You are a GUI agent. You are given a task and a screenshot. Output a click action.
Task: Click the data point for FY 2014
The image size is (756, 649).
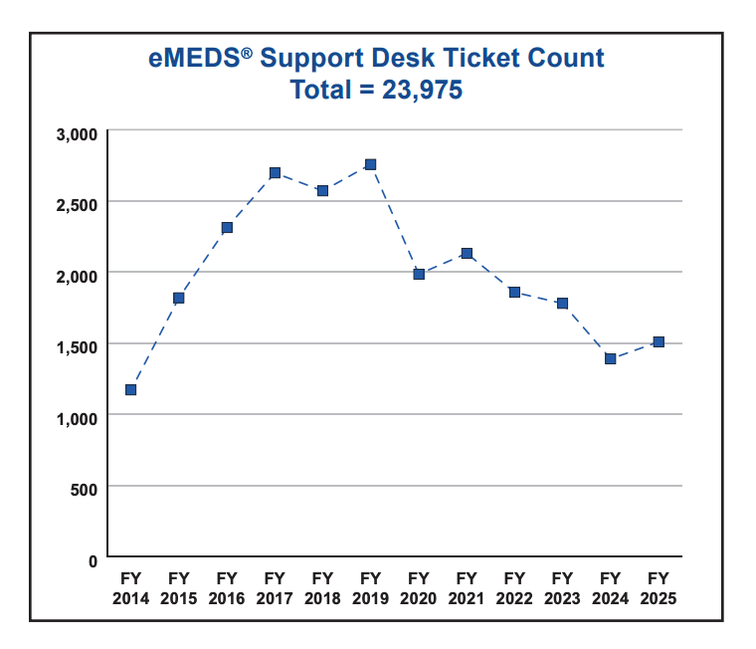[130, 390]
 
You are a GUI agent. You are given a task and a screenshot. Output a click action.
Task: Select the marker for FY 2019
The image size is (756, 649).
[370, 164]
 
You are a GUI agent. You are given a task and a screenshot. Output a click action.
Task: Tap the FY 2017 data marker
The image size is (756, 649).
[275, 173]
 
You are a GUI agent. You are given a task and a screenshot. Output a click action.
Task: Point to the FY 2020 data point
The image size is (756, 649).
[419, 274]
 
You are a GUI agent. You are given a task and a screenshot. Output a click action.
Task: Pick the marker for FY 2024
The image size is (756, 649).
[610, 358]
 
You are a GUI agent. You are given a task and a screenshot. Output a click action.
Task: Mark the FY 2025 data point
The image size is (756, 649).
[659, 342]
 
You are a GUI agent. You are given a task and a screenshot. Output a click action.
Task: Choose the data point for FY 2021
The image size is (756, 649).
[467, 254]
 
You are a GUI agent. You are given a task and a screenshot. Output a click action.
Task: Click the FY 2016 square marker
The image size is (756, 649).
[227, 228]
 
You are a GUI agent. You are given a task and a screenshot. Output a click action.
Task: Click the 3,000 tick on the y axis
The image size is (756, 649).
[76, 133]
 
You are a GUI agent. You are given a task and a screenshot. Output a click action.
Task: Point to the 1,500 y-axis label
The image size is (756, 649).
[76, 346]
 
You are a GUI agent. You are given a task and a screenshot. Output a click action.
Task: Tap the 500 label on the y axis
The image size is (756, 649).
[84, 489]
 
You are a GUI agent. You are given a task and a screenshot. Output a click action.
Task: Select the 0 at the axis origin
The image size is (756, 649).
[93, 561]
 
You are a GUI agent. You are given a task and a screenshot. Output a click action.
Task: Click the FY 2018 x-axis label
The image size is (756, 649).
[322, 588]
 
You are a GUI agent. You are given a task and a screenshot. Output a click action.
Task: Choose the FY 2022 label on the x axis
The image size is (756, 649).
[514, 588]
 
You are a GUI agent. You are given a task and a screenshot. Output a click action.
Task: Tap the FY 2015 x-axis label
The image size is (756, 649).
[179, 588]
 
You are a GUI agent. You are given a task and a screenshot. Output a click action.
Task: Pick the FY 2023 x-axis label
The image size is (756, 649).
[562, 588]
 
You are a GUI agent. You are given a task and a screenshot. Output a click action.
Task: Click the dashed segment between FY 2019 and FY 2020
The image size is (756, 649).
[395, 220]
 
